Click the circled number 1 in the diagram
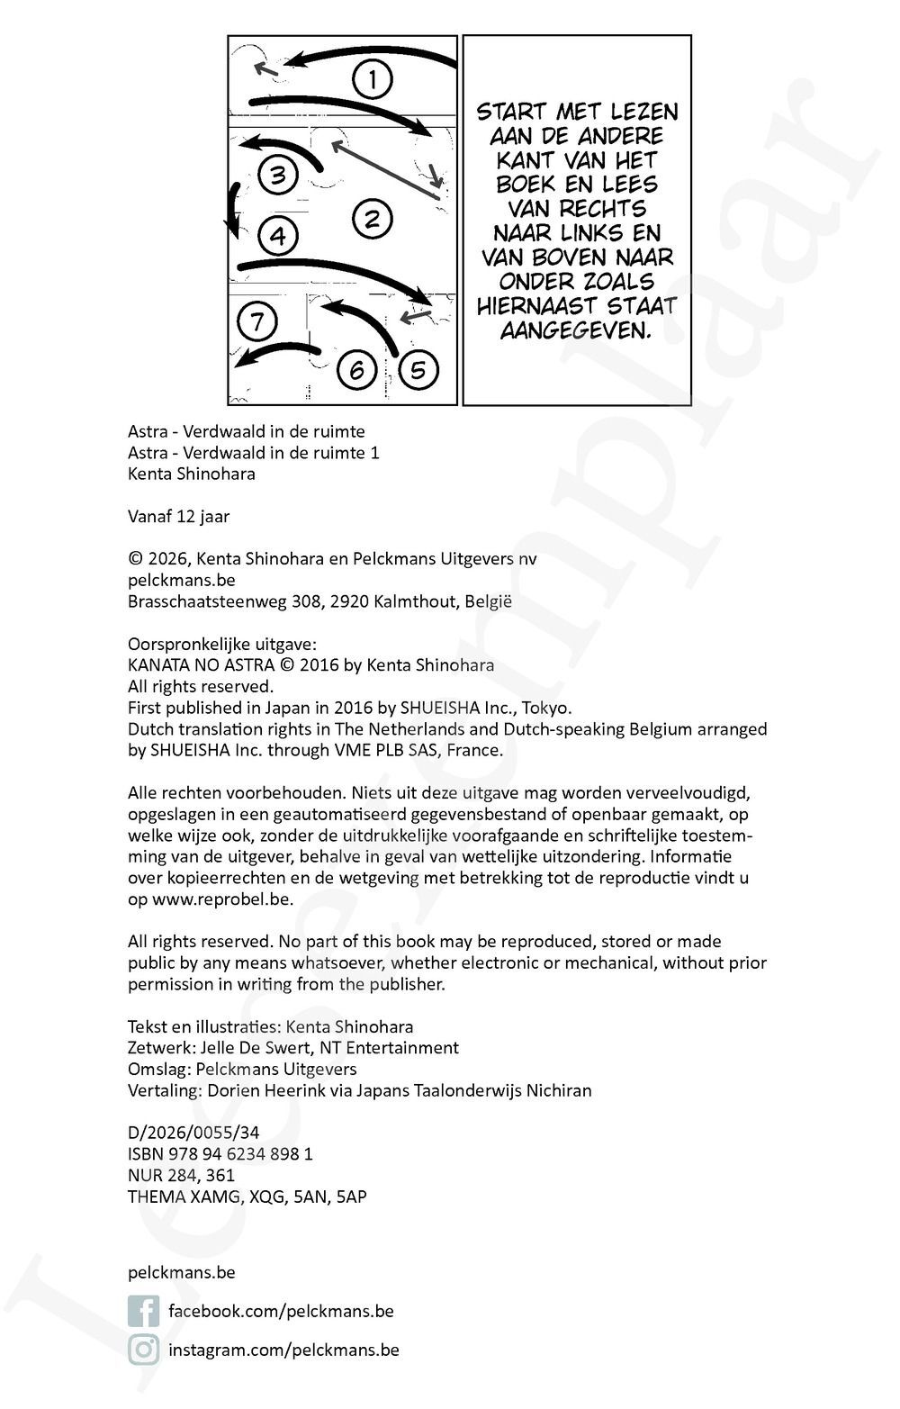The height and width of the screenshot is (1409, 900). pyautogui.click(x=372, y=79)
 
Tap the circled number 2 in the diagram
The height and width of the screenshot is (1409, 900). pyautogui.click(x=372, y=218)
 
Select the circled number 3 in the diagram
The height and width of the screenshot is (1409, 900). pyautogui.click(x=277, y=175)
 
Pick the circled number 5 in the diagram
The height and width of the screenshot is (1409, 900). pyautogui.click(x=418, y=369)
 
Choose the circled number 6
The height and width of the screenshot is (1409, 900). pyautogui.click(x=356, y=369)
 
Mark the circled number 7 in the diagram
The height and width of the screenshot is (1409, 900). pyautogui.click(x=256, y=321)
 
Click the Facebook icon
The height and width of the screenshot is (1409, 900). pyautogui.click(x=143, y=1311)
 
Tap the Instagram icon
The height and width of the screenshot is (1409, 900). pyautogui.click(x=143, y=1350)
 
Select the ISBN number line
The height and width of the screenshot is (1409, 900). pyautogui.click(x=220, y=1153)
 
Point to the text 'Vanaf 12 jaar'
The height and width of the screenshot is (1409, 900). pyautogui.click(x=178, y=516)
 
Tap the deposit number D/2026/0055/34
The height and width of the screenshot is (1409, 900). pyautogui.click(x=193, y=1133)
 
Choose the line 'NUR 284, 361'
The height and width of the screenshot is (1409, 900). pyautogui.click(x=181, y=1175)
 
